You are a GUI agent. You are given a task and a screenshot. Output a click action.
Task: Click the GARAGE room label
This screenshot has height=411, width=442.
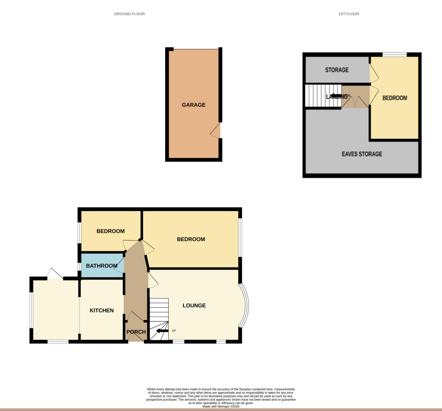point(193,105)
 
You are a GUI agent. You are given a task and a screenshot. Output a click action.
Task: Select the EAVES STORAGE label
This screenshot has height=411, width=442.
point(362,154)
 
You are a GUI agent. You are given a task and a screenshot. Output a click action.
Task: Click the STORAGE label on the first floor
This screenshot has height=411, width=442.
point(337,70)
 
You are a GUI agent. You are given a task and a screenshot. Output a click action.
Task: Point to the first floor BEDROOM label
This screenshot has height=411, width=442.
point(394,98)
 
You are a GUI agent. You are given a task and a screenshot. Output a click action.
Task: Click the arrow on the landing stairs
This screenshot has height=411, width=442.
point(336,96)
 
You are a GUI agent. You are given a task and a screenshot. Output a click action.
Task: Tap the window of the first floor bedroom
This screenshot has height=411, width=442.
point(394,55)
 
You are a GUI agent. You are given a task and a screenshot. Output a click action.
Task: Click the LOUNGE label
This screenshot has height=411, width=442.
point(194,305)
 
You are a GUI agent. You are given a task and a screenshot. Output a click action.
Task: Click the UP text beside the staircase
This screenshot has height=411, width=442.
point(174,331)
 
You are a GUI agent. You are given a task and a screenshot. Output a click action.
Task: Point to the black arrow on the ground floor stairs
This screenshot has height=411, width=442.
point(162,331)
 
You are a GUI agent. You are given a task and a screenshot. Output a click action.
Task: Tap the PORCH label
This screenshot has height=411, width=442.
point(136,332)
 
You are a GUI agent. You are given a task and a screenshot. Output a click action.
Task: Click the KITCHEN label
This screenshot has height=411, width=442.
point(102,310)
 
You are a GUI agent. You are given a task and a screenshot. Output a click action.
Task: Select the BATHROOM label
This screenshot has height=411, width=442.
point(102,266)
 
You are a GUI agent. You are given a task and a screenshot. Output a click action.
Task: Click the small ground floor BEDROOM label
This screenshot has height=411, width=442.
point(110,231)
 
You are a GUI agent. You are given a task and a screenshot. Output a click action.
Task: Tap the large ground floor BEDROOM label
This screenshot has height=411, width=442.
point(191,239)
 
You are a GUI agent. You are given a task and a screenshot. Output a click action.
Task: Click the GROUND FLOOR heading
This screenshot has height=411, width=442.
point(129,14)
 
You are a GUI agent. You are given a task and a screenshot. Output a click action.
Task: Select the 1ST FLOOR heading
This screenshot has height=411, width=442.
point(348,14)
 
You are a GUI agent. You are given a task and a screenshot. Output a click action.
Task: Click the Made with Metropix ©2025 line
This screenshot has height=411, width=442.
point(221,407)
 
